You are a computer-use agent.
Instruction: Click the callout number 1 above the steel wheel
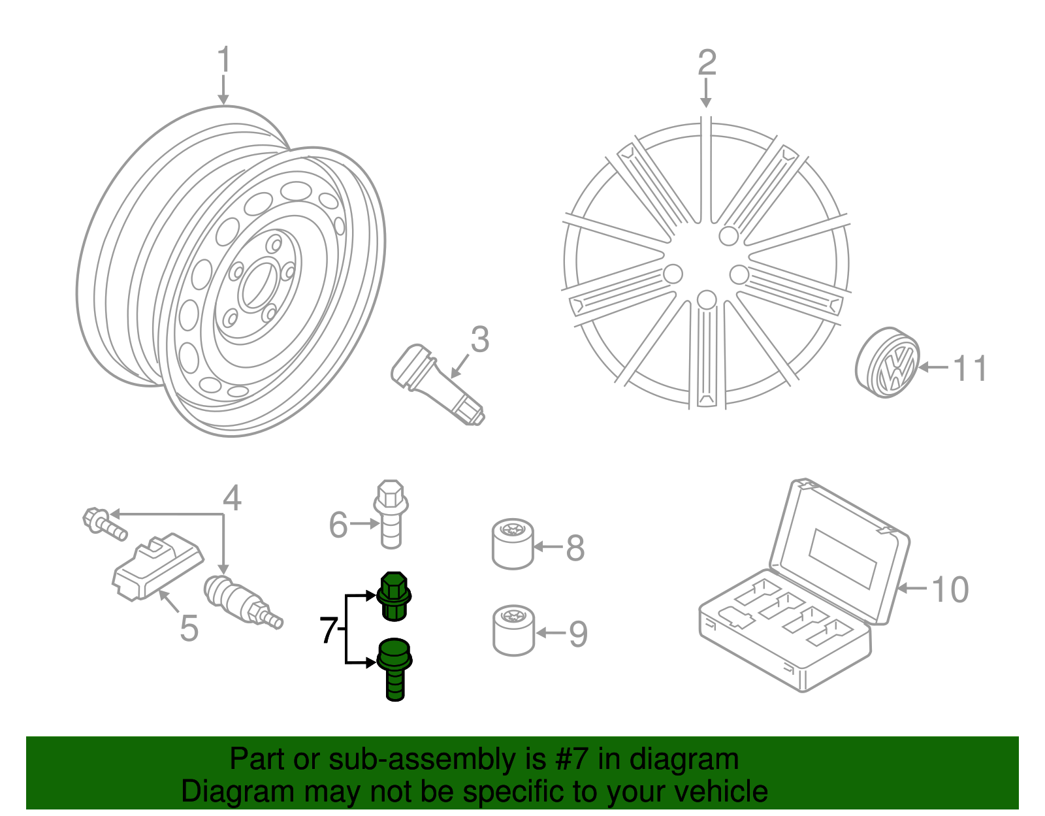(x=224, y=60)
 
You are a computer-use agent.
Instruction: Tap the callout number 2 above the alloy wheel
(x=707, y=63)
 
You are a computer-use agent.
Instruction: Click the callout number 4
(x=232, y=498)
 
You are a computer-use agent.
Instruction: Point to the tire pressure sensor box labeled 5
(x=157, y=566)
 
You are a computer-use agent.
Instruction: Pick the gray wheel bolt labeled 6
(x=391, y=515)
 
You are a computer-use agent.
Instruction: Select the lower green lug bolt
(x=394, y=668)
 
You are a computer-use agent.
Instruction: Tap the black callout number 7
(x=329, y=630)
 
